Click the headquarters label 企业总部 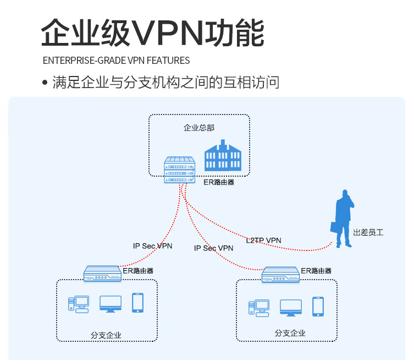199,128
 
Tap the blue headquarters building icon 223,155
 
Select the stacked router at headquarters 180,170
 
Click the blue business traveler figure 343,219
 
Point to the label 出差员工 368,232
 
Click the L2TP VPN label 263,240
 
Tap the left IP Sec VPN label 153,246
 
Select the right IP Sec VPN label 214,248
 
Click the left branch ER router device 102,274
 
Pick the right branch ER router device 280,275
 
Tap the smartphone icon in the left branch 137,303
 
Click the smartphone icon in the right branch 318,307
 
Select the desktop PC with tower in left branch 79,304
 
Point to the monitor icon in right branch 291,308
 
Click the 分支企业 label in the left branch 106,335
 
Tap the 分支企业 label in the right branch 290,333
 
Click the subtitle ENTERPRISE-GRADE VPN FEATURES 116,61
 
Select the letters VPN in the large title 167,33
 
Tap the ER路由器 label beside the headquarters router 219,182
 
